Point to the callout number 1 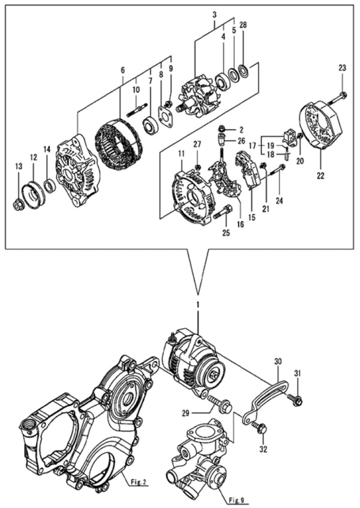[196, 305]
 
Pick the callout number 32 [264, 447]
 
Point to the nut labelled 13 [19, 206]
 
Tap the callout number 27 [196, 145]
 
